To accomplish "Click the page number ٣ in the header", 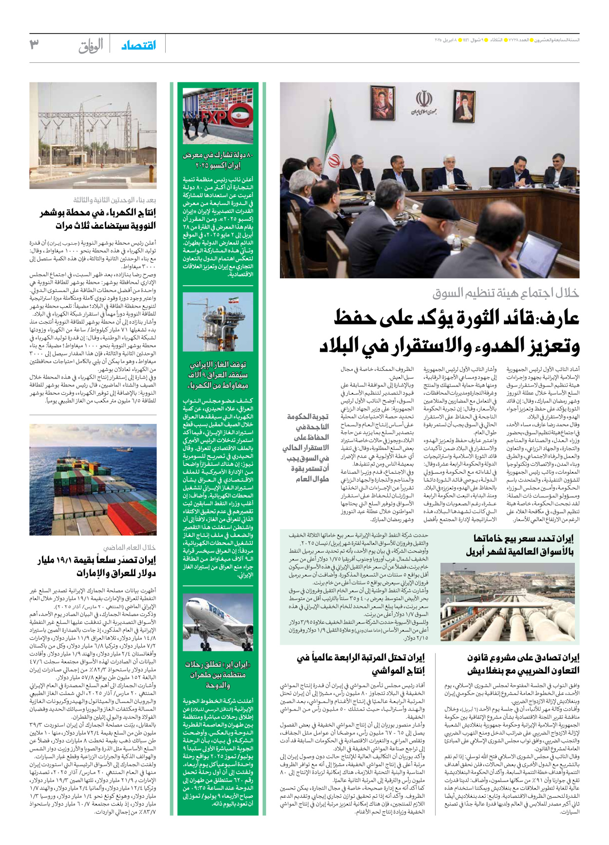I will [34, 45].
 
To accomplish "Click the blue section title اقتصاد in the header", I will [138, 45].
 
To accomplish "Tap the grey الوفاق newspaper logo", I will [91, 46].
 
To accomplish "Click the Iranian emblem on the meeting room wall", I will [424, 101].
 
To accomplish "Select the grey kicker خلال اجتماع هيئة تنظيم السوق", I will [505, 293].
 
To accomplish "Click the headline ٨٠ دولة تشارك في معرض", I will [218, 160].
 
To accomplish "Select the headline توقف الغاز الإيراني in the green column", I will [218, 375].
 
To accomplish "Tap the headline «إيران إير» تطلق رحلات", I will [218, 674].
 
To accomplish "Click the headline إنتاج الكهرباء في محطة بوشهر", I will [97, 219].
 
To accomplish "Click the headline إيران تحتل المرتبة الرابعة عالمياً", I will [361, 664].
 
